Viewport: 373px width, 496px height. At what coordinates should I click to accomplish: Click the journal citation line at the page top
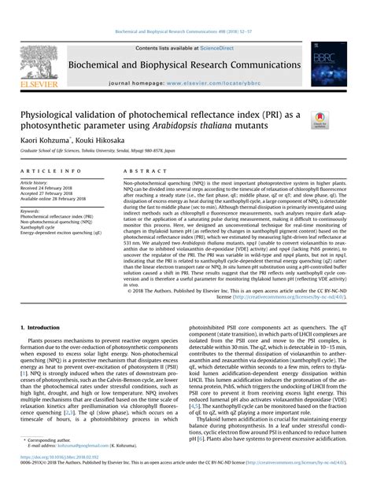point(186,33)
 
